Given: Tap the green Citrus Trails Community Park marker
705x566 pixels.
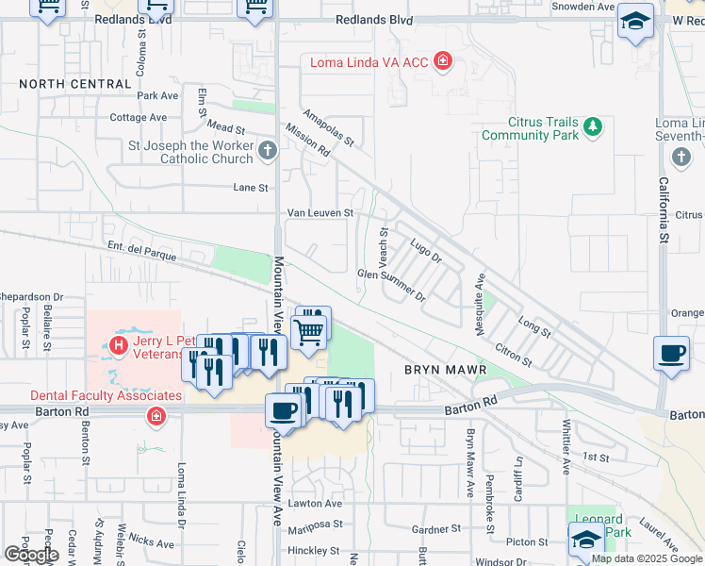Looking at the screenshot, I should [x=592, y=125].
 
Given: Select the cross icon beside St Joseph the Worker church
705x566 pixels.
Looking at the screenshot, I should [x=268, y=150].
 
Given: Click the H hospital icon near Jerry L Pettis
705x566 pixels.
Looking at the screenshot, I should [x=119, y=345].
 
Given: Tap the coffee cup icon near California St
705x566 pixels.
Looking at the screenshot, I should [x=670, y=354].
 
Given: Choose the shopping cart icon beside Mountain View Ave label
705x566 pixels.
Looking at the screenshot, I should [x=308, y=331].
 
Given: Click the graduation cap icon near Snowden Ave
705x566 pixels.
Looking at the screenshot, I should [x=635, y=21].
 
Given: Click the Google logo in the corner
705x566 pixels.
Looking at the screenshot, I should [x=31, y=555].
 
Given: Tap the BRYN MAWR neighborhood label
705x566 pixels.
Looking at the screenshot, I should [x=446, y=370].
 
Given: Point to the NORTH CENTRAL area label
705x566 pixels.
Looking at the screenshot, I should [x=74, y=84].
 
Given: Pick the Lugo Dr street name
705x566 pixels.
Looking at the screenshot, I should [x=426, y=252].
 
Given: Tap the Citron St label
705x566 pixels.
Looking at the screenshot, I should [x=514, y=357].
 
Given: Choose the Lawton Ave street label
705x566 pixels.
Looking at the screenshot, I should [x=315, y=504].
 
